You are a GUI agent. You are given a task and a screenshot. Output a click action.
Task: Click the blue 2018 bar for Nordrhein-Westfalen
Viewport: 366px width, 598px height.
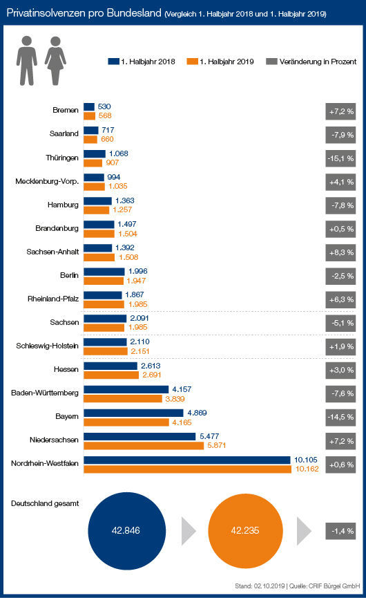click(187, 460)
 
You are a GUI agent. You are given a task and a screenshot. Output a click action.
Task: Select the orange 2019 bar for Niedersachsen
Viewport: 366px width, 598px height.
click(144, 445)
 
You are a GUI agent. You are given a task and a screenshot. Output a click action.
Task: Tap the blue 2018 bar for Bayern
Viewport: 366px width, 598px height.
click(134, 413)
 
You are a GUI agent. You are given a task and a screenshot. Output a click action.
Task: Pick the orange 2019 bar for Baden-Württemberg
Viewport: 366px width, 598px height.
click(123, 398)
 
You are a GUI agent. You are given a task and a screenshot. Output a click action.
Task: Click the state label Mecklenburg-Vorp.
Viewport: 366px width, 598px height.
click(47, 181)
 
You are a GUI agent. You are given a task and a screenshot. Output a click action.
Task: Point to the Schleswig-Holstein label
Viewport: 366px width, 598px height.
click(47, 346)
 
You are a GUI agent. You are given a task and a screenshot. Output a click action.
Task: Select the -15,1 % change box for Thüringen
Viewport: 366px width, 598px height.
click(340, 158)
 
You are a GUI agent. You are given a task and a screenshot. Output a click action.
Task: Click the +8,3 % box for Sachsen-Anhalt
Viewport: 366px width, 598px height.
click(340, 252)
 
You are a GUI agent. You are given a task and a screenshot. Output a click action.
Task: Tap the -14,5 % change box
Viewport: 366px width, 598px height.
click(340, 418)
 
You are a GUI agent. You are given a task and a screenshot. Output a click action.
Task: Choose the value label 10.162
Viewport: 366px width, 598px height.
click(307, 469)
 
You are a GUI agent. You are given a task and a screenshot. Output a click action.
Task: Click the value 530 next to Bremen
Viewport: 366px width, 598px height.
click(104, 106)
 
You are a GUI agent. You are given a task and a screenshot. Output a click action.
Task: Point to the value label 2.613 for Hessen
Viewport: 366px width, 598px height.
click(151, 366)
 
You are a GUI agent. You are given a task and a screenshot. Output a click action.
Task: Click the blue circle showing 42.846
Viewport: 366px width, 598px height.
click(127, 531)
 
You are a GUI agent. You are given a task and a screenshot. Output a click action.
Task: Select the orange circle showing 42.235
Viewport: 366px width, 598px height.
click(245, 531)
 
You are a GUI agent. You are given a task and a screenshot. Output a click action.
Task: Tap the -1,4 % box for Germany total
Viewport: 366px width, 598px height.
click(340, 531)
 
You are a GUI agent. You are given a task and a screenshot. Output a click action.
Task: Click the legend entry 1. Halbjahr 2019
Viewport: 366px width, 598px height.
click(220, 62)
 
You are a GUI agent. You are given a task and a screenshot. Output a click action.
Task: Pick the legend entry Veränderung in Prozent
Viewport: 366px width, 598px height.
click(311, 62)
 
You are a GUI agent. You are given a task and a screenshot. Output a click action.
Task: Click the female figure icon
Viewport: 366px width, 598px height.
click(56, 61)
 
